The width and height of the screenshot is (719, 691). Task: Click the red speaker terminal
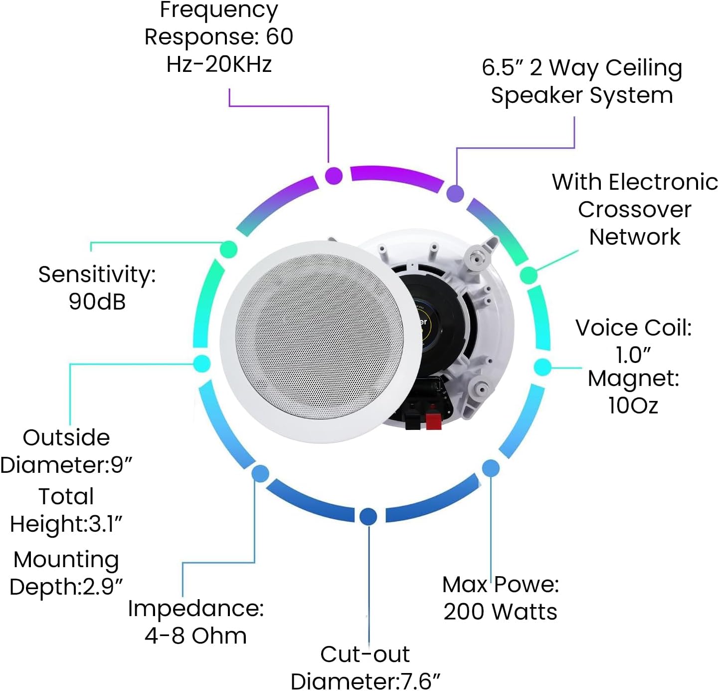(x=433, y=420)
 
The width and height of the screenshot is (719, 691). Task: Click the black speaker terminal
(x=412, y=420)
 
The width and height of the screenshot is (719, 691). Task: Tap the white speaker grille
(x=319, y=337)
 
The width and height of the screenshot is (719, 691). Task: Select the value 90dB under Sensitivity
(x=97, y=301)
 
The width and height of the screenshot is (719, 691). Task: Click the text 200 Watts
(x=500, y=611)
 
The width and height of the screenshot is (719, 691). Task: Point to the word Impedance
(x=195, y=608)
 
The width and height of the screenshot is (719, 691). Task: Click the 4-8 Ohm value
(x=195, y=636)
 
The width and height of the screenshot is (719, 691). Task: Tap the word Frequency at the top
(x=219, y=10)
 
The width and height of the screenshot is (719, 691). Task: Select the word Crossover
(x=634, y=209)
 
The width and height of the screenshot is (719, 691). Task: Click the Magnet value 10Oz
(x=633, y=405)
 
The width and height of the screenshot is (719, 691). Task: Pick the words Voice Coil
(x=633, y=328)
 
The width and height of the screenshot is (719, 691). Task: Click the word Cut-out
(x=364, y=654)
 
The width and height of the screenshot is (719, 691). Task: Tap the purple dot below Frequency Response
(x=334, y=176)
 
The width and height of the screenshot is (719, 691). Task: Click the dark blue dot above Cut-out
(x=368, y=516)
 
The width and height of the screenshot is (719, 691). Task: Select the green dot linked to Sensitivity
(x=228, y=249)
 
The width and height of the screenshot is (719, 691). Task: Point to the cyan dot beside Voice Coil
(x=542, y=367)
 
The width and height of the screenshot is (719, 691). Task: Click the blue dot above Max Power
(x=491, y=468)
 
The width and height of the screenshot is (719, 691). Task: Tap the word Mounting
(x=66, y=559)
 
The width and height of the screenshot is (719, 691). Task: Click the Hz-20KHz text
(x=219, y=64)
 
